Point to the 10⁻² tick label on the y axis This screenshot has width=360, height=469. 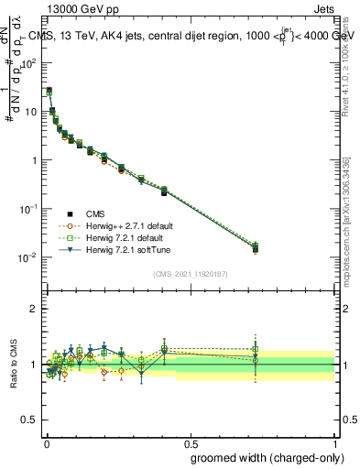pyautogui.click(x=30, y=257)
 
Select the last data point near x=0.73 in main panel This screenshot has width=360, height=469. pyautogui.click(x=256, y=248)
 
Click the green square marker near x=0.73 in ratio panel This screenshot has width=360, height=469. pyautogui.click(x=256, y=349)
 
